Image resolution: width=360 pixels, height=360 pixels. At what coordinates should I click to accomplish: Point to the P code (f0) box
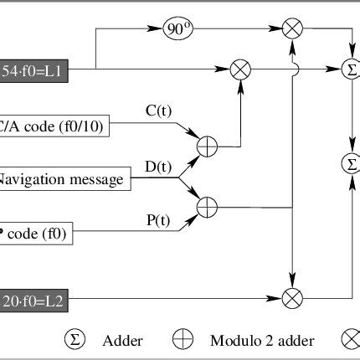tap(37, 234)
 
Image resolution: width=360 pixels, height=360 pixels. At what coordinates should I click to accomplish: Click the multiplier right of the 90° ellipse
tap(293, 30)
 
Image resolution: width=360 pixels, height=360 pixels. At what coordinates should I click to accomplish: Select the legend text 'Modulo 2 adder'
tap(249, 341)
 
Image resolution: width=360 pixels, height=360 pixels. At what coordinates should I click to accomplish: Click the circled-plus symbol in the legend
tap(183, 340)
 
